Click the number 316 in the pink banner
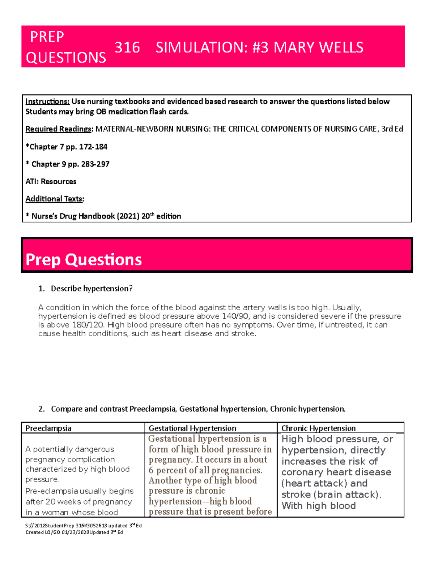(x=127, y=48)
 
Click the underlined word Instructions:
(x=47, y=102)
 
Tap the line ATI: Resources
(x=51, y=181)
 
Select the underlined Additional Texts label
(x=54, y=199)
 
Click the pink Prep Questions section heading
(x=84, y=259)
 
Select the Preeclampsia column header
(x=48, y=428)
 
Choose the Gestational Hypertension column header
(x=192, y=428)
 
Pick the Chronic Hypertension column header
(x=318, y=428)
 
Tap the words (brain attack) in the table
(x=347, y=495)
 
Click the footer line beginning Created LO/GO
(x=74, y=532)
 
